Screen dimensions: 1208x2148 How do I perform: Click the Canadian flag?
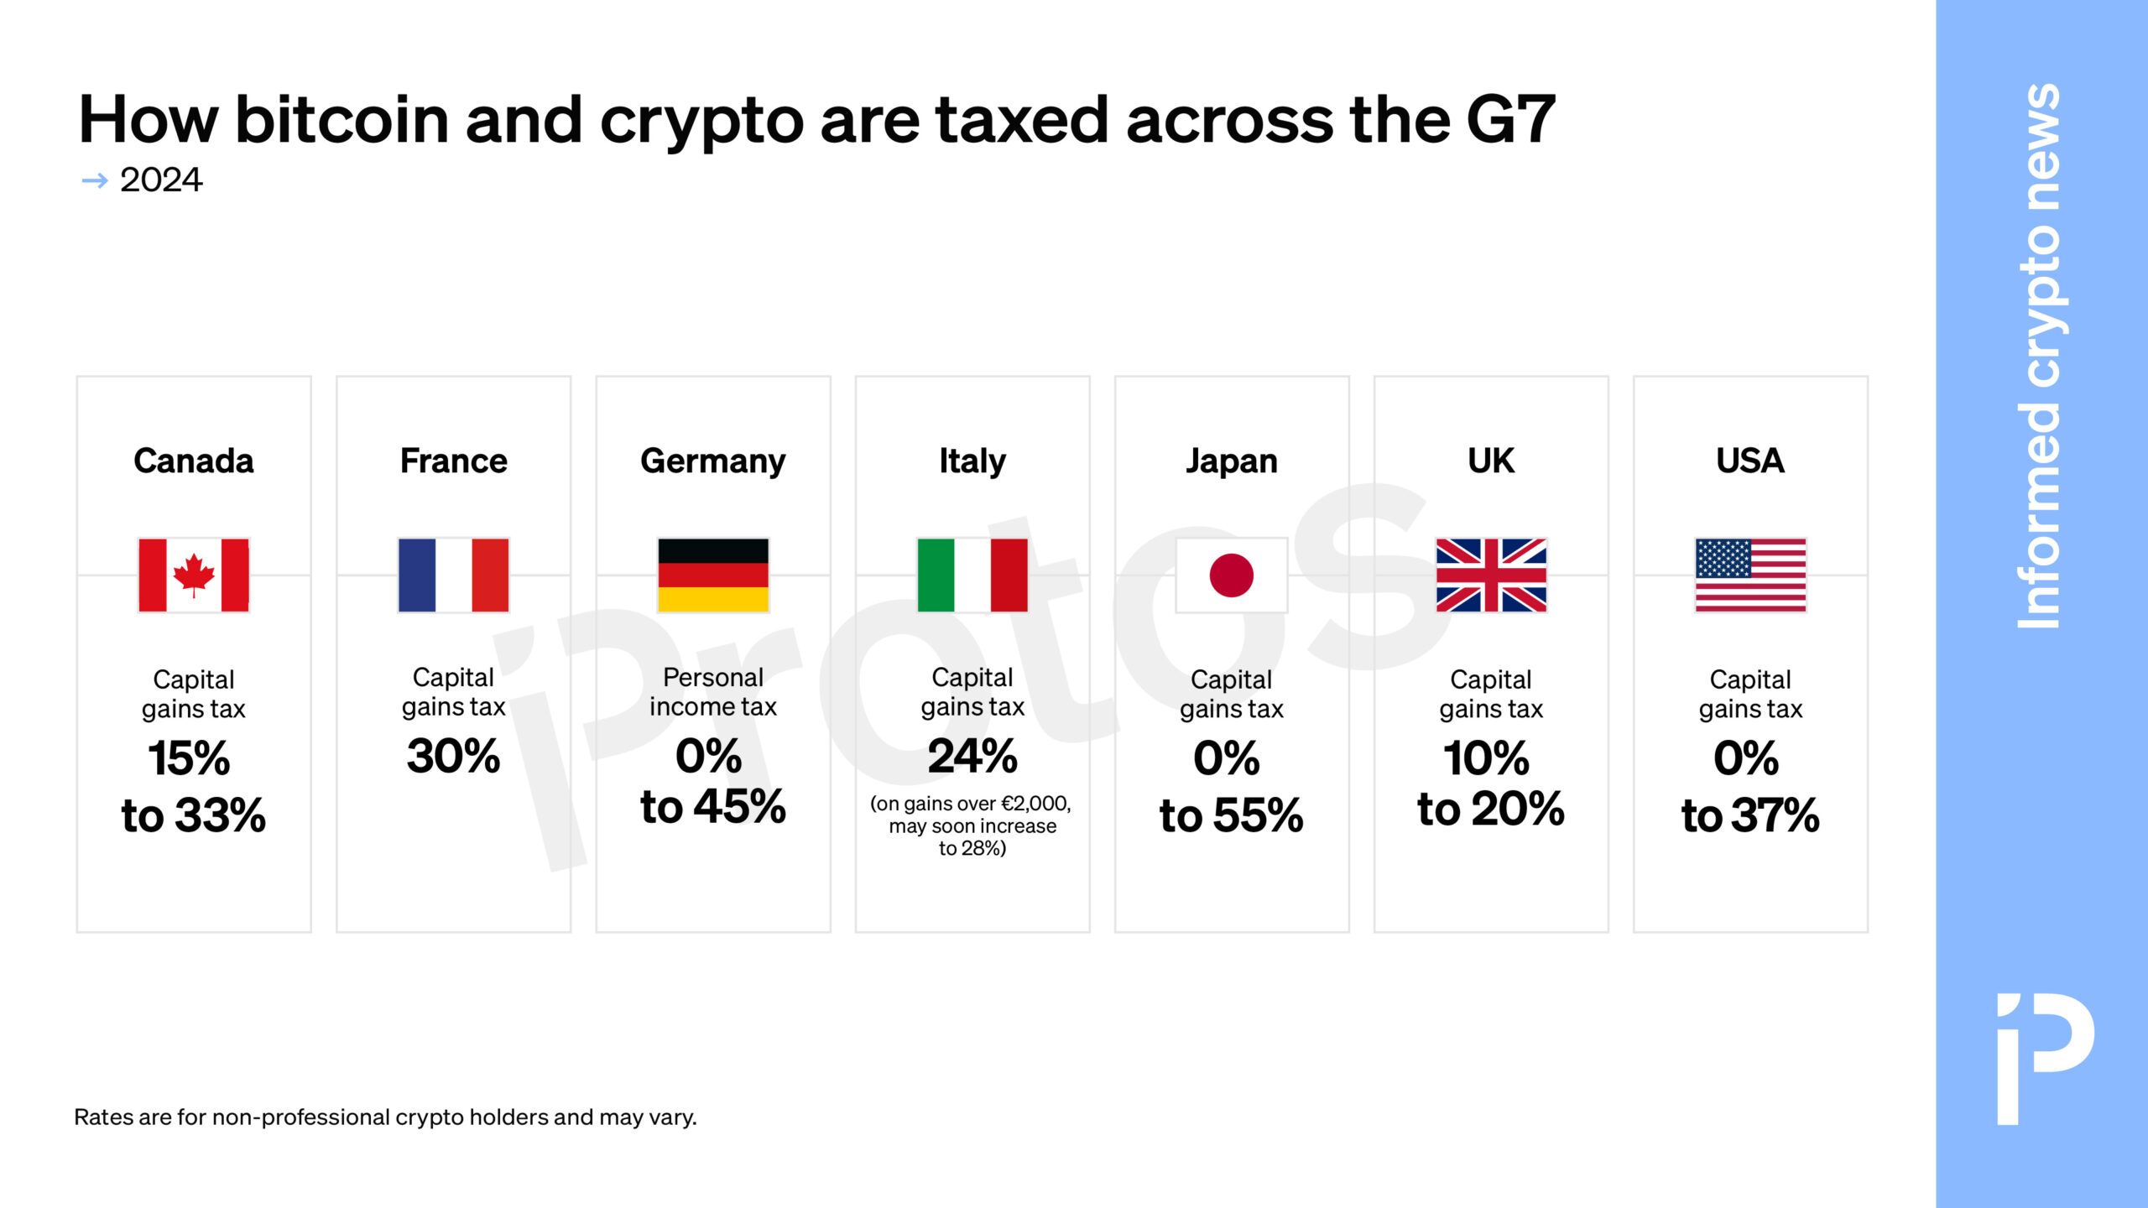coord(194,575)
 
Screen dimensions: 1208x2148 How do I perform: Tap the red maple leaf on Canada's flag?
coord(194,574)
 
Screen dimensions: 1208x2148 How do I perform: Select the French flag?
coord(453,575)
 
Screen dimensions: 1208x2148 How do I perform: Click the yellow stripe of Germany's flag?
coord(712,600)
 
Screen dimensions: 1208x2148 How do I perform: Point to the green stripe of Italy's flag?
coord(936,575)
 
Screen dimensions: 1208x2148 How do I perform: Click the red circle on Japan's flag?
coord(1231,575)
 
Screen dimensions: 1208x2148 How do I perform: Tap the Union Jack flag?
coord(1491,575)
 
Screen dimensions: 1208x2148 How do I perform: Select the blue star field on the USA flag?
coord(1723,558)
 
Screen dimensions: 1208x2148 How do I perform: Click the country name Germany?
coord(712,461)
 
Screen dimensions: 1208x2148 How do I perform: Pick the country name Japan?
coord(1231,461)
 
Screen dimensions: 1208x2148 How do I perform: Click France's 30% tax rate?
coord(453,756)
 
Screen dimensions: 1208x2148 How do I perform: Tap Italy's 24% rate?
coord(972,756)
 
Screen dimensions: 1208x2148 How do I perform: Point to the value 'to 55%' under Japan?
coord(1231,815)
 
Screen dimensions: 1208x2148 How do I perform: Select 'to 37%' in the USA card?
coord(1750,815)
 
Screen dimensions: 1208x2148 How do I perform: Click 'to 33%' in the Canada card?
coord(194,815)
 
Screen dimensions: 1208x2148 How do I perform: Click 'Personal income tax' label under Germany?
coord(712,692)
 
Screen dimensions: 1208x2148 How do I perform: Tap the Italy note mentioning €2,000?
coord(972,825)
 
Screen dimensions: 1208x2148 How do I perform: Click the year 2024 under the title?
coord(161,180)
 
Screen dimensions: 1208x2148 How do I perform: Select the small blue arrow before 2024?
coord(95,180)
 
